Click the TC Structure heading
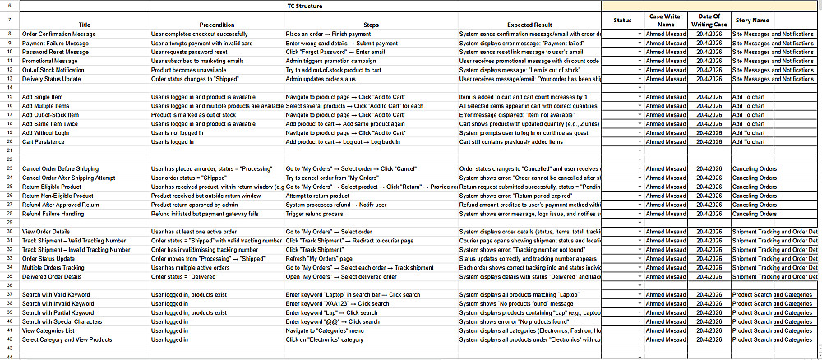[x=299, y=6]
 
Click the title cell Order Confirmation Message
[x=58, y=34]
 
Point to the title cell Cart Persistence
[x=45, y=141]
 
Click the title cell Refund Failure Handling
[x=54, y=214]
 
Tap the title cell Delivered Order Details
[x=55, y=276]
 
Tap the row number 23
[x=8, y=168]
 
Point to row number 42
[x=8, y=339]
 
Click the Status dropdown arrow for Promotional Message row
[x=640, y=61]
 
